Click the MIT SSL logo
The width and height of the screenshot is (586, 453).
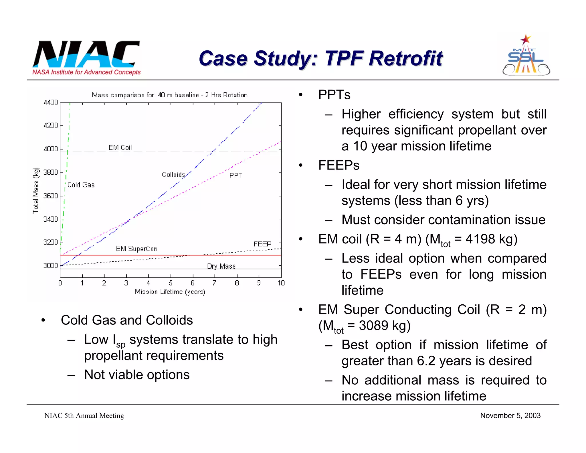pos(526,56)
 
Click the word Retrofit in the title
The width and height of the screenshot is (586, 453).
pos(405,58)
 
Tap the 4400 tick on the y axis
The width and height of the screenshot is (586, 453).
pos(51,103)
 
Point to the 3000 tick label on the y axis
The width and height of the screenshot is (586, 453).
pos(51,265)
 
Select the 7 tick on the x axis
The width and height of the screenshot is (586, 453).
pos(214,283)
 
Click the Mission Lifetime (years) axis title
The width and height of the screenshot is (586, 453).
pos(170,292)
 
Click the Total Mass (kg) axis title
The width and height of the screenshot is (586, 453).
pos(36,190)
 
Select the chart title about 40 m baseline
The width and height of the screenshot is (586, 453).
pos(170,95)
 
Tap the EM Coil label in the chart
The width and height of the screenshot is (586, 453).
pos(120,148)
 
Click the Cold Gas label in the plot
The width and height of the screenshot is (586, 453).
pos(81,185)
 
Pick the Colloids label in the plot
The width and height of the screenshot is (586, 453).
pos(173,175)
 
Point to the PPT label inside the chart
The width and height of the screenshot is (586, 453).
pos(236,176)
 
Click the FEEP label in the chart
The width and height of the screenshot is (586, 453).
pos(262,244)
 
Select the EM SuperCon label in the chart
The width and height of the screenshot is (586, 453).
pos(136,249)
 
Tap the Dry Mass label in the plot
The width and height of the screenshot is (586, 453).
pos(221,266)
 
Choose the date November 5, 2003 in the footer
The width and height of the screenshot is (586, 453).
pos(510,415)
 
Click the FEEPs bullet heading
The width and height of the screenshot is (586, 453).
pos(339,165)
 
